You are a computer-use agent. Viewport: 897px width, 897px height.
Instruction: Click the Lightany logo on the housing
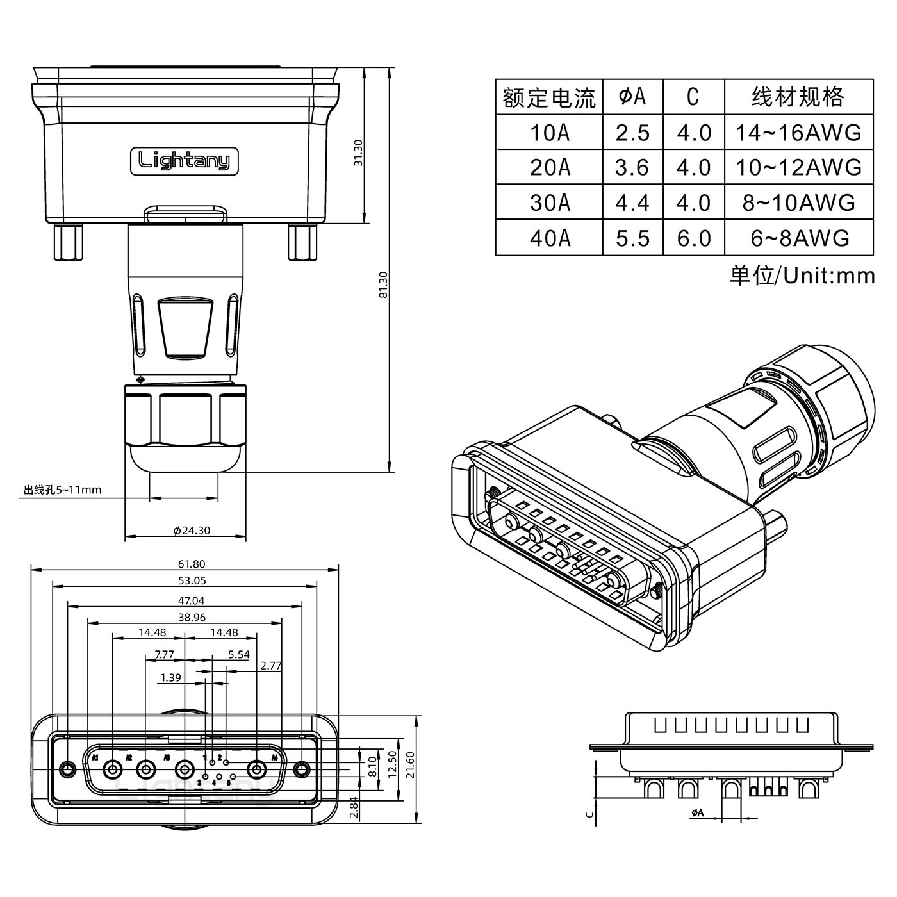[185, 161]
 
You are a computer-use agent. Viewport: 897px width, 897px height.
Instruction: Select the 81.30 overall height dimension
[383, 285]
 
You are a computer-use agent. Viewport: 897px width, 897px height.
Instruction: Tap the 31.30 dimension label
[358, 152]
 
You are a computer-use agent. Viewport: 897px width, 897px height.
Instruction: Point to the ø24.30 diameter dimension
[192, 530]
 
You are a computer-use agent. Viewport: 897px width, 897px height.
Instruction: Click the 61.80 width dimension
[192, 564]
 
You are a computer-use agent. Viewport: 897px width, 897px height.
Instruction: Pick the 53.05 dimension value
[192, 580]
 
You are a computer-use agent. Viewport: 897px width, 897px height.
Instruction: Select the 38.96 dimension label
[192, 617]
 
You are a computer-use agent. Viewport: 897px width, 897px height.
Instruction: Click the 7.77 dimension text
[165, 654]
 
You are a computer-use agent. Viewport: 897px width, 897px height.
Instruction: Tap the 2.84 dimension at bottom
[354, 807]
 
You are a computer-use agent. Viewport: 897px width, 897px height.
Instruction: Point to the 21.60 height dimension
[410, 764]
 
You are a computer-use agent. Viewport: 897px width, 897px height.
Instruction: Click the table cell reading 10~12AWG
[798, 167]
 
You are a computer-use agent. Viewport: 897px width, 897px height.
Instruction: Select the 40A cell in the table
[550, 238]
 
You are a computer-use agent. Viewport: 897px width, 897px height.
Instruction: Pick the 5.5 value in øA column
[632, 238]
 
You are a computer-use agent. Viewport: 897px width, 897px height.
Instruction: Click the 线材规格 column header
[798, 97]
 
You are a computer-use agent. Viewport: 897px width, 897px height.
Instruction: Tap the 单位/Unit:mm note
[802, 276]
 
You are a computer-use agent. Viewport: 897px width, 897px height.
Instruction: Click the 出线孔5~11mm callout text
[63, 490]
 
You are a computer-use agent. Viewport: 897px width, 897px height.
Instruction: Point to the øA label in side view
[697, 812]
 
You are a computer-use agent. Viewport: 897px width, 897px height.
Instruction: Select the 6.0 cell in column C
[694, 238]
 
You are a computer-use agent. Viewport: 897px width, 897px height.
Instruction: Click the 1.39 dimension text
[170, 677]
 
